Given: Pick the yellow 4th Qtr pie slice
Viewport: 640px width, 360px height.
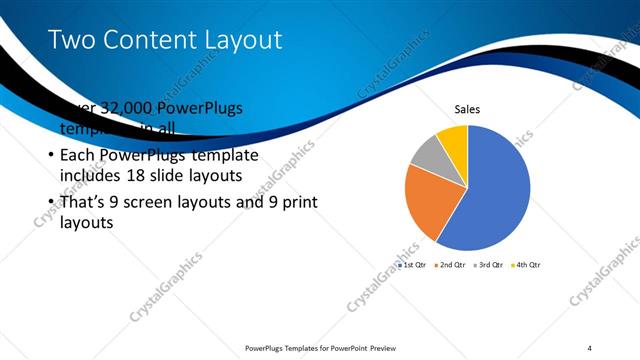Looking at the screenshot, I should (x=454, y=139).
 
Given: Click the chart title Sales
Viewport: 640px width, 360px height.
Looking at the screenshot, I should (x=467, y=108).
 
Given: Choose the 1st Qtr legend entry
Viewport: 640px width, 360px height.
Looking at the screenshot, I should (x=412, y=265).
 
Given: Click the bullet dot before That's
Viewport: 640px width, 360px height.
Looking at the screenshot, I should (x=51, y=203).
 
